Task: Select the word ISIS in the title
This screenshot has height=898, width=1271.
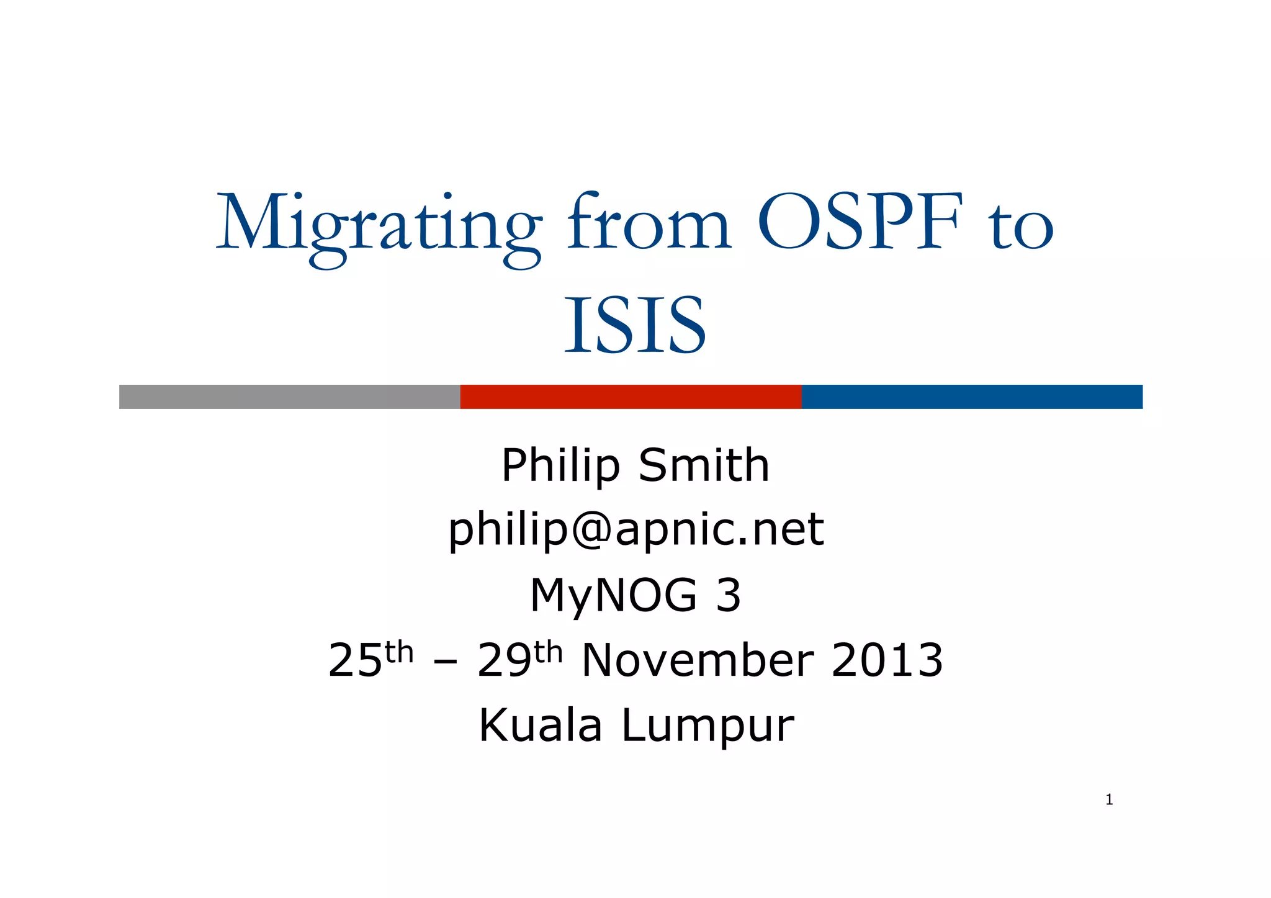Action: coord(635,326)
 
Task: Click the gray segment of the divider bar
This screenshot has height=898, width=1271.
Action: coord(289,397)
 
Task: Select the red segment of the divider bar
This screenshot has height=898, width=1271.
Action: coord(631,397)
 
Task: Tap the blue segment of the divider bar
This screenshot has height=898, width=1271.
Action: coord(972,397)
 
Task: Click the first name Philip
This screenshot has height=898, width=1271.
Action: coord(560,465)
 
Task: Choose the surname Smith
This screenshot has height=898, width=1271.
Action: coord(704,465)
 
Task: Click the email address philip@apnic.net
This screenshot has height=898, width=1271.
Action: coord(635,531)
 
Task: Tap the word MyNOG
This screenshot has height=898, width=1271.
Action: coord(613,596)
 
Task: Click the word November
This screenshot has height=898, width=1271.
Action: coord(698,660)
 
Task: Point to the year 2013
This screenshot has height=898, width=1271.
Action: coord(887,660)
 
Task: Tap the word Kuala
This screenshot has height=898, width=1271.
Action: coord(541,725)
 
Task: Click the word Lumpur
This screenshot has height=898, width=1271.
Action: coord(707,727)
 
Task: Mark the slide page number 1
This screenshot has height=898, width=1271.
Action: coord(1109,800)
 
